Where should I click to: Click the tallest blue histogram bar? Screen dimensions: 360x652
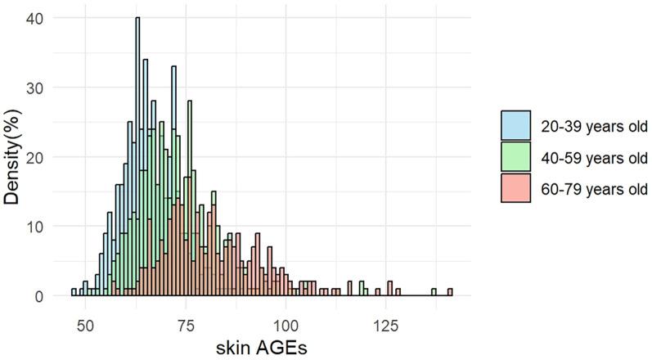pyautogui.click(x=138, y=156)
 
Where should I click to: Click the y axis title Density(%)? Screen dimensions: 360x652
pyautogui.click(x=14, y=156)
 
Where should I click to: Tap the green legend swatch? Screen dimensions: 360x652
pyautogui.click(x=516, y=157)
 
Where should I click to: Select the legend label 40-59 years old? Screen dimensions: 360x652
pyautogui.click(x=593, y=157)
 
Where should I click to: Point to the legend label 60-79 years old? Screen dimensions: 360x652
pyautogui.click(x=593, y=189)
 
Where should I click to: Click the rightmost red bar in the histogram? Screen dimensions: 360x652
pyautogui.click(x=450, y=292)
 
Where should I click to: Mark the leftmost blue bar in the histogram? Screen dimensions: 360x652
pyautogui.click(x=74, y=292)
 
